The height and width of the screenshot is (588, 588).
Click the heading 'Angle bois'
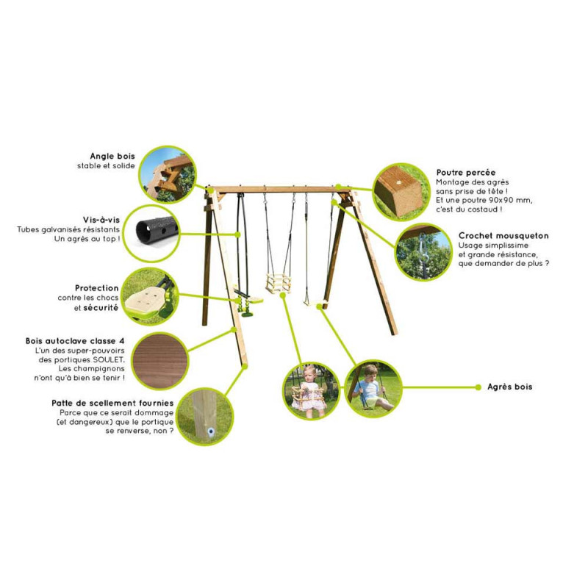pos(112,156)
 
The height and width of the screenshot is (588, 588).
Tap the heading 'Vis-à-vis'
pos(101,220)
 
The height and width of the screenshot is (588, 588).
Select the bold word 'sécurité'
pos(101,307)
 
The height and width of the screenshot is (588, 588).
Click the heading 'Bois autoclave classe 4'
pos(75,341)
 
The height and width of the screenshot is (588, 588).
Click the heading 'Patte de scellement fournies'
pos(112,403)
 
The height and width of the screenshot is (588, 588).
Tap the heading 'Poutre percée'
pos(466,173)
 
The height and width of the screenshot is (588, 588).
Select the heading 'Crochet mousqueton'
pos(503,236)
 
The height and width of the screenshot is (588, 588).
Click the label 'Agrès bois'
pos(509,387)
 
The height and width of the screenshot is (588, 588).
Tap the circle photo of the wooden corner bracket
pos(168,175)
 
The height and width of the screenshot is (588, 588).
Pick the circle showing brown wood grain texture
pos(160,361)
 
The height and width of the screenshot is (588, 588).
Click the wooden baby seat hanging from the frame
pos(278,283)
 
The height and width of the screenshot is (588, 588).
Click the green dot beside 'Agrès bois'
pos(478,387)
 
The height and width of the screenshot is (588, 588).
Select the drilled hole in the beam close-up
pos(398,183)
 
